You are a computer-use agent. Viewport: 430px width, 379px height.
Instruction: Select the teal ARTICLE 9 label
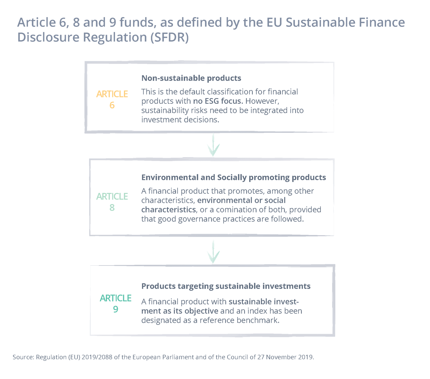pyautogui.click(x=115, y=303)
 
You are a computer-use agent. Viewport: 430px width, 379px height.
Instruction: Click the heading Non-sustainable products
pyautogui.click(x=191, y=78)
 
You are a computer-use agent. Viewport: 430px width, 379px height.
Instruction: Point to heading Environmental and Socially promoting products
pyautogui.click(x=233, y=178)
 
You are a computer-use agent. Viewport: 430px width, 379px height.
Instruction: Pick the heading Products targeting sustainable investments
pyautogui.click(x=226, y=286)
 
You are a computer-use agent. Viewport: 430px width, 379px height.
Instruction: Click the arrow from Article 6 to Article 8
pyautogui.click(x=213, y=145)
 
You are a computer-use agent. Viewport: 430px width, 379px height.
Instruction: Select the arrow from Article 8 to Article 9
pyautogui.click(x=213, y=252)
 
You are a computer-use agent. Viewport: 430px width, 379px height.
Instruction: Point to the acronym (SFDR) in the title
pyautogui.click(x=169, y=37)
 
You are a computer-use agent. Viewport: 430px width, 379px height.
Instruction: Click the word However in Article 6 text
pyautogui.click(x=262, y=101)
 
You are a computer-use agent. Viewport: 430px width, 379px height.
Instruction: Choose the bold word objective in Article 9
pyautogui.click(x=201, y=311)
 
